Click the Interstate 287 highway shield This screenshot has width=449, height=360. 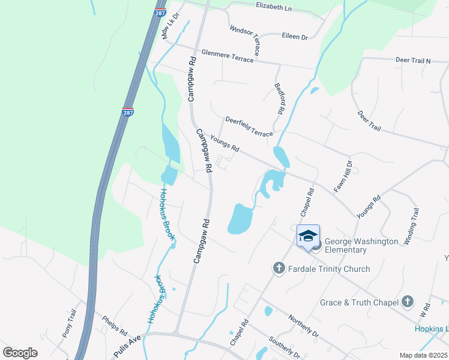[x=127, y=112]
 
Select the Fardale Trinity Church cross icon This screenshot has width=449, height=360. [x=279, y=268]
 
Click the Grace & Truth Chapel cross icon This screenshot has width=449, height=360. [x=408, y=302]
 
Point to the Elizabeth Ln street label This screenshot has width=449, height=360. [x=273, y=7]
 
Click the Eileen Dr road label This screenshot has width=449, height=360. [x=295, y=37]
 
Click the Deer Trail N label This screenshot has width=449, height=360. [x=413, y=61]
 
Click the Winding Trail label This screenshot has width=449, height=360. [x=411, y=226]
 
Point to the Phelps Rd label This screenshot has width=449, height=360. [x=115, y=325]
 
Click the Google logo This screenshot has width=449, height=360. [x=20, y=353]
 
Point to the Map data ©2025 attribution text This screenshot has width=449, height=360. [x=423, y=355]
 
